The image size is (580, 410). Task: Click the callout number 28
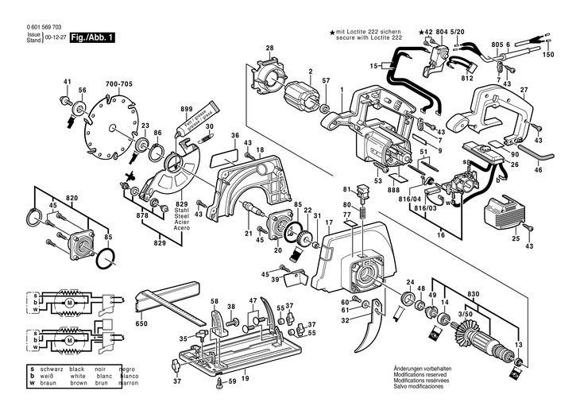(269, 48)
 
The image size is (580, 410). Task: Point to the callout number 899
(187, 108)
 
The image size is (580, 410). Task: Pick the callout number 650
(141, 323)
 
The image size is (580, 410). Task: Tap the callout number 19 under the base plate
(245, 379)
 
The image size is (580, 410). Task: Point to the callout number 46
(539, 170)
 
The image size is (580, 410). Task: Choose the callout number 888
(394, 191)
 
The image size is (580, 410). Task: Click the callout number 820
(72, 196)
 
